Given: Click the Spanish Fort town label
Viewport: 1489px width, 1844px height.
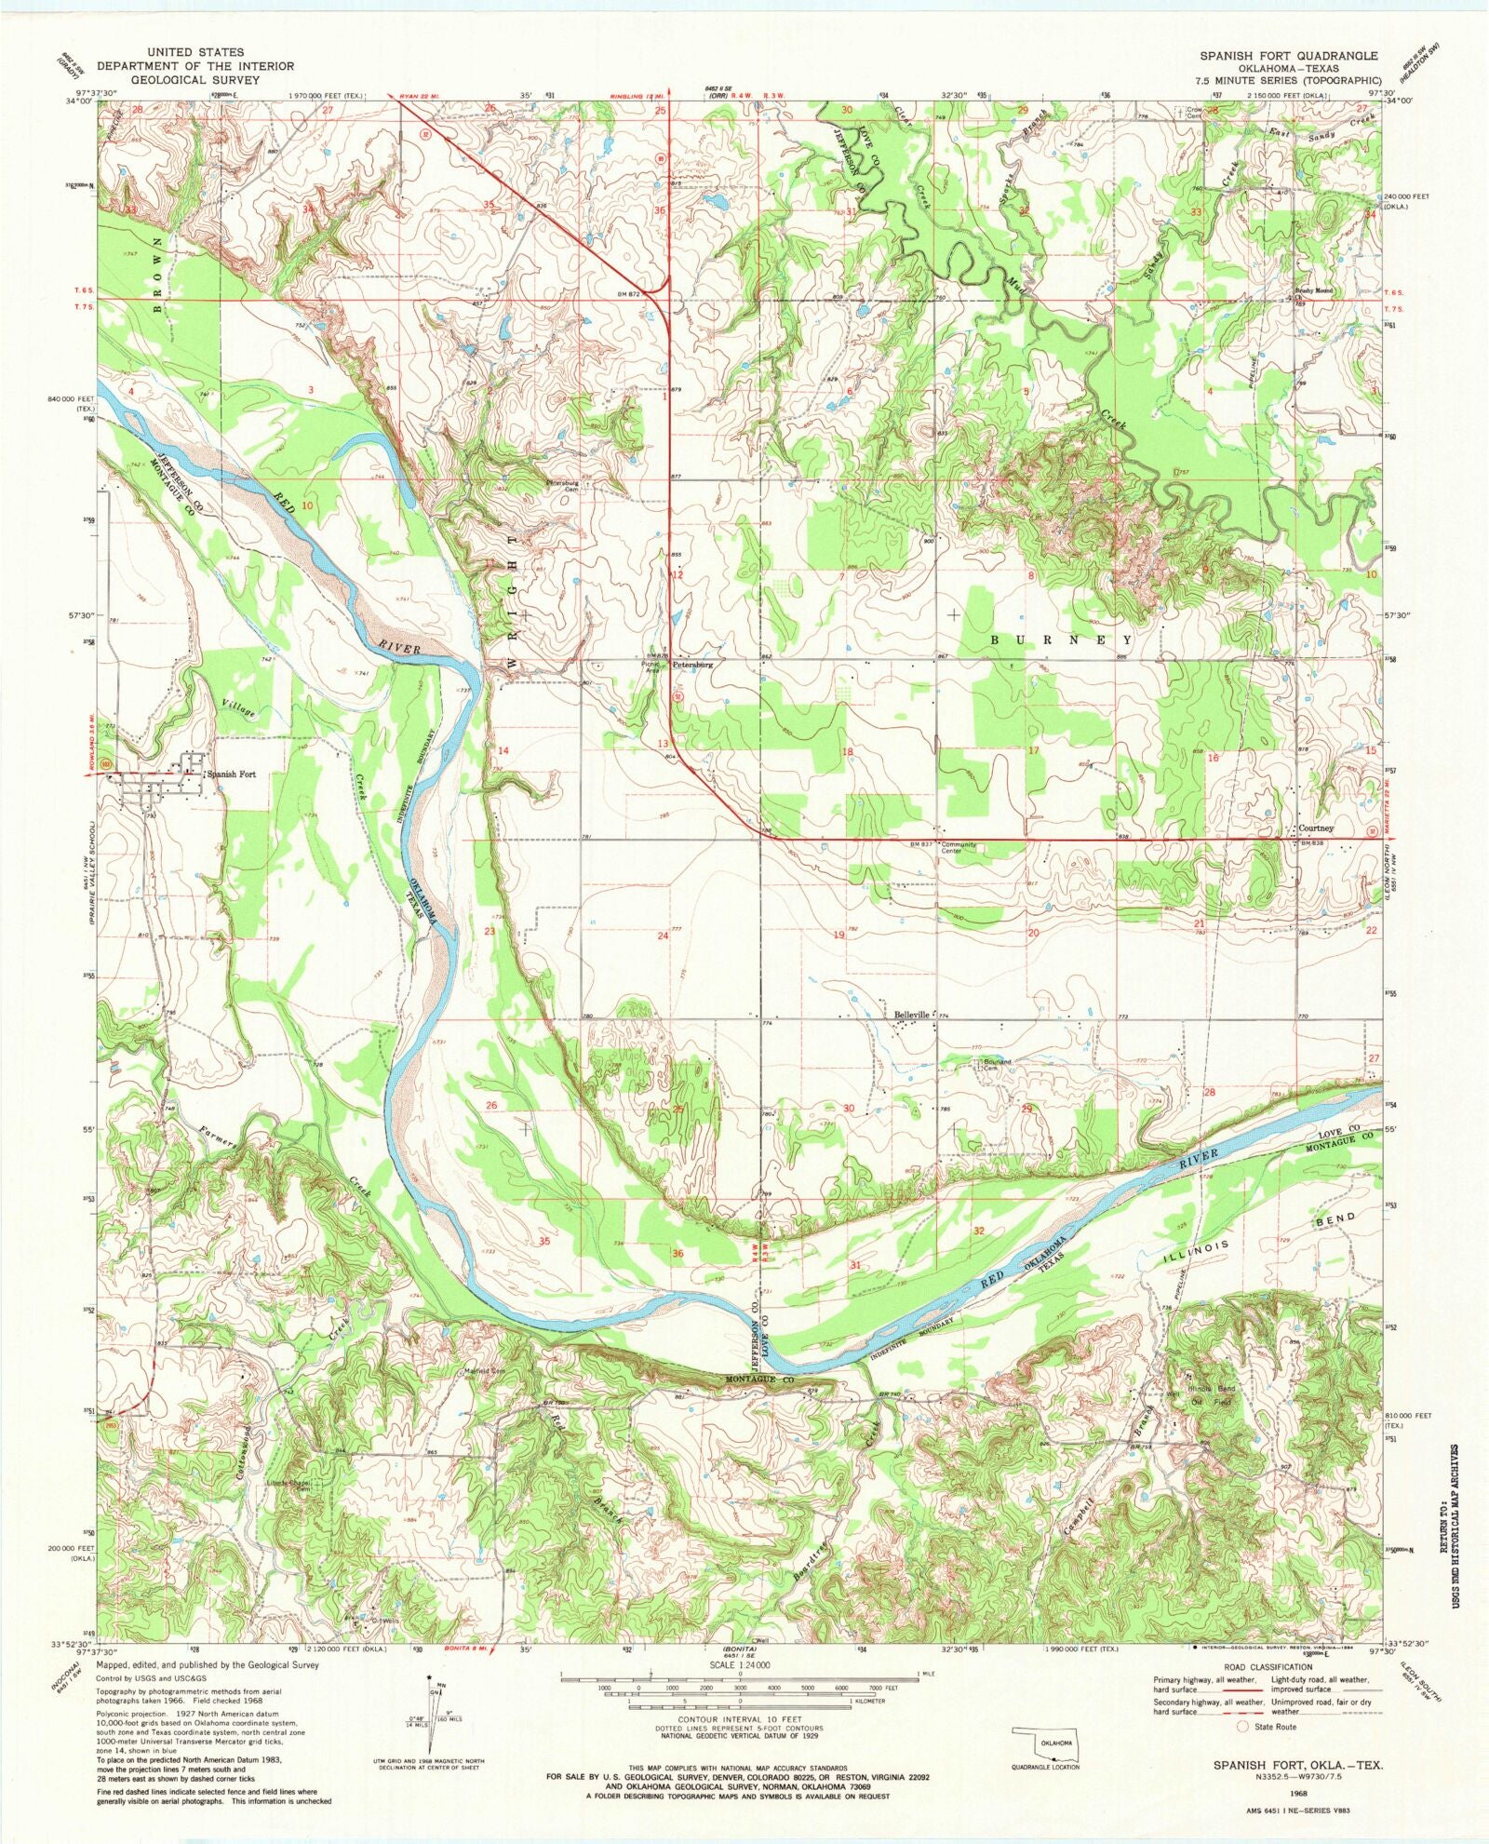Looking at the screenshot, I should pos(231,774).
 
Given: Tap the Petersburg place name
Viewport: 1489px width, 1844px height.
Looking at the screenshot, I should pos(693,666).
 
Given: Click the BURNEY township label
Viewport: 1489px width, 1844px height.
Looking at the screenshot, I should pos(1061,640).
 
